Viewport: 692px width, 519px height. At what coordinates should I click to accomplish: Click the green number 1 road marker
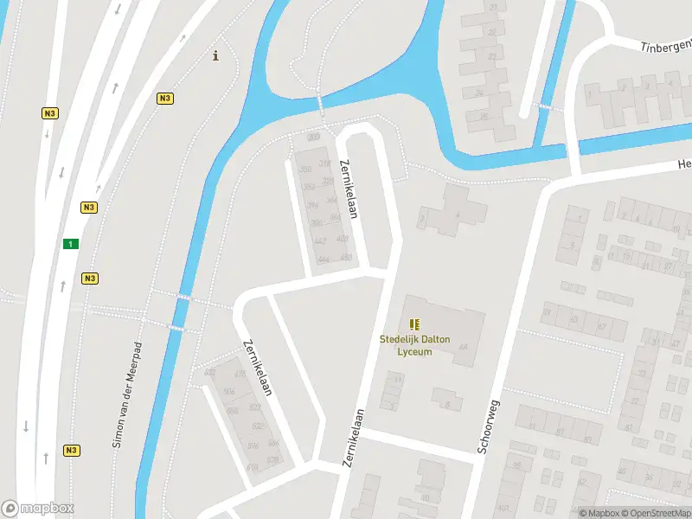click(x=70, y=244)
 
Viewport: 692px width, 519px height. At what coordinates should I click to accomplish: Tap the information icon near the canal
click(x=215, y=57)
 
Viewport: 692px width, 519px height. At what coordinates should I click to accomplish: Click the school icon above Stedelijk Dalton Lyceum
click(x=414, y=324)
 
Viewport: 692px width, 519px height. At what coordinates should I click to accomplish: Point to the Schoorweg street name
click(x=489, y=426)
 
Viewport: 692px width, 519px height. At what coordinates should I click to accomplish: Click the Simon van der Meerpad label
click(x=125, y=394)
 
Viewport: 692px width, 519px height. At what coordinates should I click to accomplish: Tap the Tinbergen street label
click(x=666, y=45)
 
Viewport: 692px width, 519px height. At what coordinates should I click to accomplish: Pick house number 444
click(x=324, y=259)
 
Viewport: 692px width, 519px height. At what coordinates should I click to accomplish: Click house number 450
click(x=346, y=258)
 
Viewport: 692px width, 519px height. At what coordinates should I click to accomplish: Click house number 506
click(x=228, y=392)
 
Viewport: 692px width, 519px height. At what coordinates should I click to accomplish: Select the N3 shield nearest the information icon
click(x=164, y=99)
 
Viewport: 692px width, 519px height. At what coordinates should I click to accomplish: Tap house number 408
click(x=343, y=239)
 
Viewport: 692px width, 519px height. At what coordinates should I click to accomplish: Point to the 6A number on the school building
click(x=463, y=347)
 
